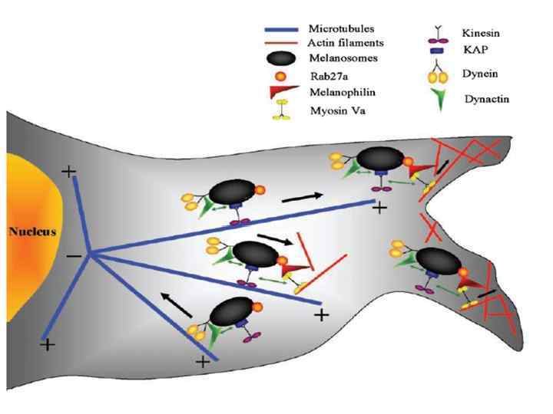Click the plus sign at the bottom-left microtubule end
click(x=48, y=345)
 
